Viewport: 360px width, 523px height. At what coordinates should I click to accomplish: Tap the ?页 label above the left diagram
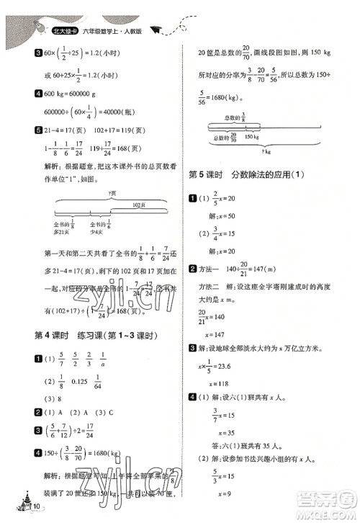(112, 194)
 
